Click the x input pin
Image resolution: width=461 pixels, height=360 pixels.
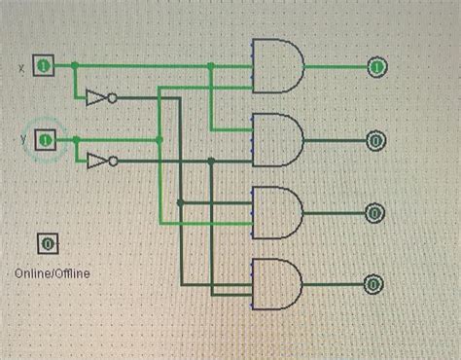pyautogui.click(x=43, y=66)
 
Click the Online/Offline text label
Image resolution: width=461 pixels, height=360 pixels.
pyautogui.click(x=52, y=273)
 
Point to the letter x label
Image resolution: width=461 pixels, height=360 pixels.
pyautogui.click(x=21, y=67)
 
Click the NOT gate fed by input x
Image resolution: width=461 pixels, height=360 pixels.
pyautogui.click(x=97, y=97)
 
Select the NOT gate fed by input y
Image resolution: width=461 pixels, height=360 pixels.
pyautogui.click(x=97, y=160)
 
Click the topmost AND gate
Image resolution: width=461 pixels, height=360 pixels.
pyautogui.click(x=277, y=66)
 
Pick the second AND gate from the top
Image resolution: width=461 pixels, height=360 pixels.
pyautogui.click(x=277, y=139)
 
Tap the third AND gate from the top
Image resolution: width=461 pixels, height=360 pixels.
pyautogui.click(x=277, y=211)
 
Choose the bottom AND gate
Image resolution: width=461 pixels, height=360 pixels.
pyautogui.click(x=277, y=284)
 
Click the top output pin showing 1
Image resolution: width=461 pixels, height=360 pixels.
pyautogui.click(x=375, y=66)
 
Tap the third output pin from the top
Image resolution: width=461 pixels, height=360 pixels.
pyautogui.click(x=375, y=211)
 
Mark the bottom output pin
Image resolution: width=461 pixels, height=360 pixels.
pyautogui.click(x=375, y=284)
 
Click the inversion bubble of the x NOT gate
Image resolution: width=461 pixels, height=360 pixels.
pyautogui.click(x=113, y=97)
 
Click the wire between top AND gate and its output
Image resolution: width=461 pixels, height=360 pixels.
pyautogui.click(x=336, y=66)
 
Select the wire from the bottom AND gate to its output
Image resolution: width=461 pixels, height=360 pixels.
pyautogui.click(x=336, y=284)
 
